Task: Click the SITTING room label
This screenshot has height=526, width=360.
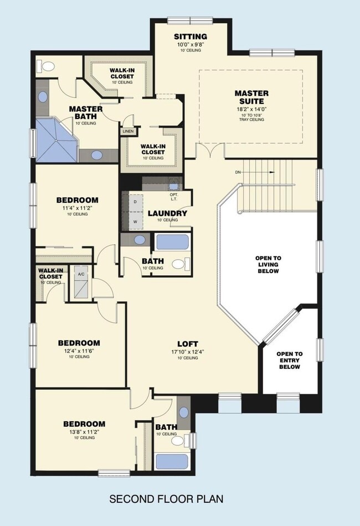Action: [190, 37]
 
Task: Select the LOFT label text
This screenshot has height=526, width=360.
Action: [187, 344]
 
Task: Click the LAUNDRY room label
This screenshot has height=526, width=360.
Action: [167, 213]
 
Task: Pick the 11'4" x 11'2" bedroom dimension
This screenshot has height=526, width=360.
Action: [78, 208]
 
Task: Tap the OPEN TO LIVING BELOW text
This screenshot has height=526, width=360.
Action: [268, 265]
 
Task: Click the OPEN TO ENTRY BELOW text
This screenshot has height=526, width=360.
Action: [290, 360]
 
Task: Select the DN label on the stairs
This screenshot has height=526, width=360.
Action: [238, 172]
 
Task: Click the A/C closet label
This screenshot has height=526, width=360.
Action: [81, 274]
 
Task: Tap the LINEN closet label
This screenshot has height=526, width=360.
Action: [128, 132]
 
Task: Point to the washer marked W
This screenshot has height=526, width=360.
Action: [135, 221]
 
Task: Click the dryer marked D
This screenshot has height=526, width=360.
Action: [135, 202]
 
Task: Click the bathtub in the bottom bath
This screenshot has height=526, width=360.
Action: [172, 461]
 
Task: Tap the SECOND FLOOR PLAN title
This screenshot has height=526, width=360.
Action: [166, 499]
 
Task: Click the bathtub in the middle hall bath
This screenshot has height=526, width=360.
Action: [172, 243]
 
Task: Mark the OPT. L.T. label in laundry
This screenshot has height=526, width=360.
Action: [174, 198]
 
